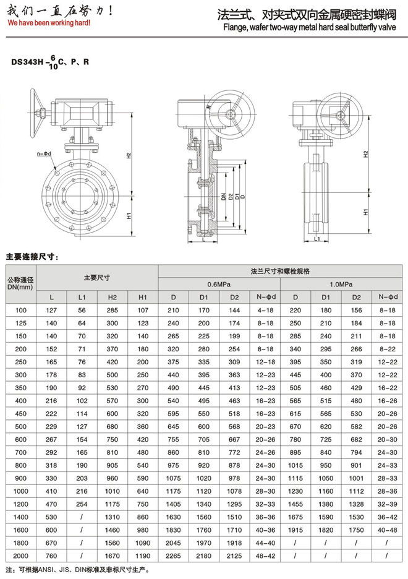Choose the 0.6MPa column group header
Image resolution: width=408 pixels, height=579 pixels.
click(x=219, y=284)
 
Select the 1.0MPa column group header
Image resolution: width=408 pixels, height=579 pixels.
click(x=341, y=284)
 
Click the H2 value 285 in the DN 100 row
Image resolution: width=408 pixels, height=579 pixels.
click(x=113, y=310)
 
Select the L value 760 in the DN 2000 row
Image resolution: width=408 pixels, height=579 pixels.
click(x=52, y=556)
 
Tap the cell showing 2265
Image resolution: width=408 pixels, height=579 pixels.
click(x=174, y=556)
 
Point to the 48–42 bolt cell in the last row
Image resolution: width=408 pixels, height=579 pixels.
click(x=265, y=556)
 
